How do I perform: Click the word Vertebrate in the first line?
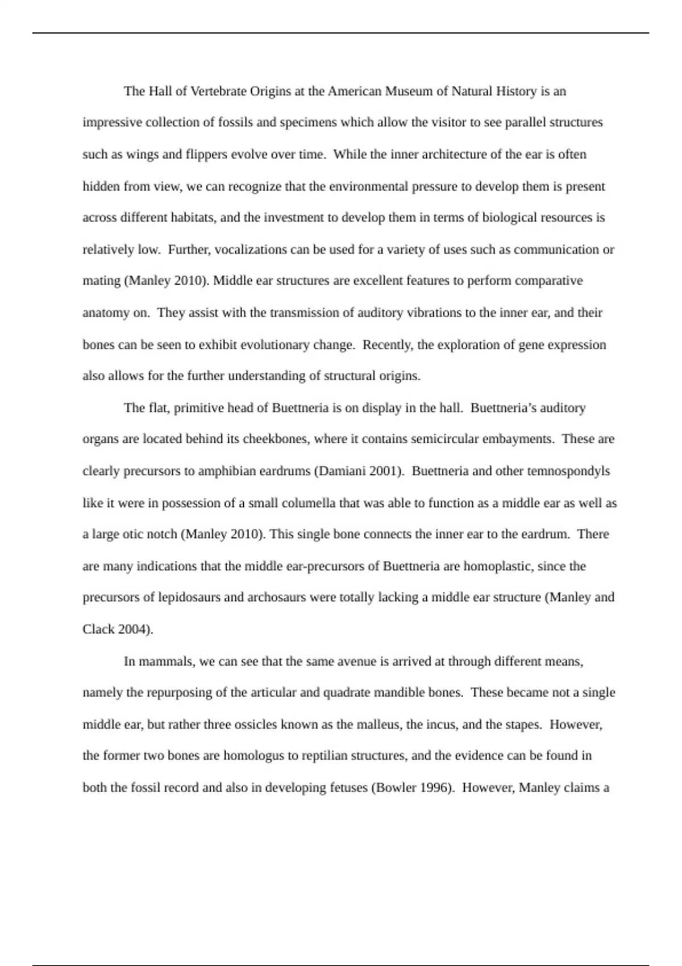219,91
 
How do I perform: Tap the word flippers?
207,155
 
